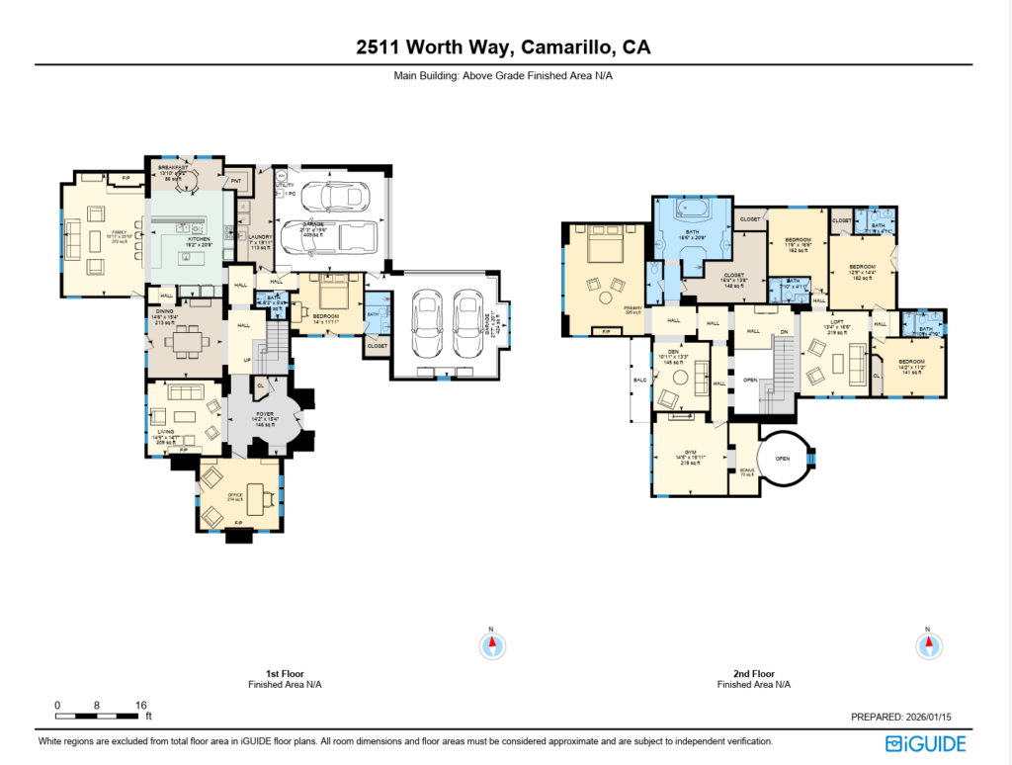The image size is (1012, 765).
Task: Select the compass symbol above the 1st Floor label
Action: pyautogui.click(x=491, y=645)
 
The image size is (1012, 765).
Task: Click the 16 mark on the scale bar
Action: pyautogui.click(x=140, y=705)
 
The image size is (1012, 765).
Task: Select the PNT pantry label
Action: pyautogui.click(x=236, y=181)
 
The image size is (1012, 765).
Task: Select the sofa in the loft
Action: pyautogui.click(x=854, y=368)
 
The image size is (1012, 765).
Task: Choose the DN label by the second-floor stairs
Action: pyautogui.click(x=785, y=331)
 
